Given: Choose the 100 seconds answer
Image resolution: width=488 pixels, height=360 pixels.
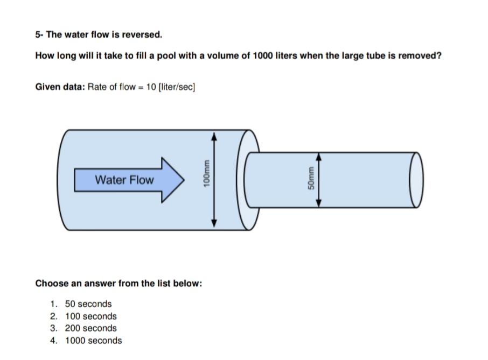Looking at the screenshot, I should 90,316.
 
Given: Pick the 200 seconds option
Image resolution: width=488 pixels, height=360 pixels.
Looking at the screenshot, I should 90,328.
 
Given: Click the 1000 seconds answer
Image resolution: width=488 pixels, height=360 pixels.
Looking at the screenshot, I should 93,341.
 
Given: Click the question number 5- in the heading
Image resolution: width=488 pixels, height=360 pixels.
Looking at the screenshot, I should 39,35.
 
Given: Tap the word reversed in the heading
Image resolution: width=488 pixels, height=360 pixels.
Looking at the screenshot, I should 143,35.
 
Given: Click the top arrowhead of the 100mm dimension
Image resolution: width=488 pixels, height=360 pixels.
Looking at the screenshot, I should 214,137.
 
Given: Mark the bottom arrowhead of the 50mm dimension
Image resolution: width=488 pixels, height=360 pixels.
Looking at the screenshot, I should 318,202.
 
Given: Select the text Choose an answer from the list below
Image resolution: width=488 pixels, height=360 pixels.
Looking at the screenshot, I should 118,284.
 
